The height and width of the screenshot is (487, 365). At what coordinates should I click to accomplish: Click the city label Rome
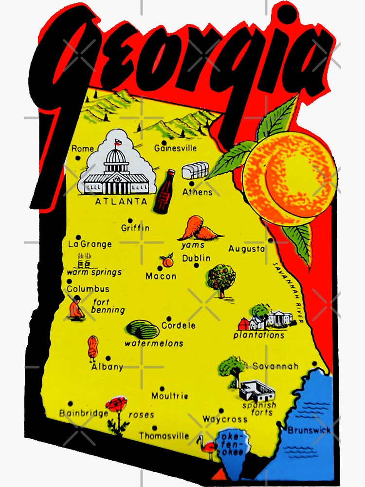83,149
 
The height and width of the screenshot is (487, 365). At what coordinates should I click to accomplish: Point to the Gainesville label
175,148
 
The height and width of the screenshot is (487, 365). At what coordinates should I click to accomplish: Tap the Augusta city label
247,248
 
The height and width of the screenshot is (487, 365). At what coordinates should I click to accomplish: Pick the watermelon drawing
142,330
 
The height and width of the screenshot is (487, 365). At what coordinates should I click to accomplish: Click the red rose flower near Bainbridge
117,405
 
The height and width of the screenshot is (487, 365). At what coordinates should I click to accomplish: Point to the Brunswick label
309,430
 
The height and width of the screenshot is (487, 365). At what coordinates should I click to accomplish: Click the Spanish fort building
257,390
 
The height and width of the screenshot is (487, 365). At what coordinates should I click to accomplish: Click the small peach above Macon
167,262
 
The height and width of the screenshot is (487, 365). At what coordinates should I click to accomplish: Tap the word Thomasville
164,436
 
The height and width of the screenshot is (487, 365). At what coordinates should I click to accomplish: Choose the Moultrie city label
169,396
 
